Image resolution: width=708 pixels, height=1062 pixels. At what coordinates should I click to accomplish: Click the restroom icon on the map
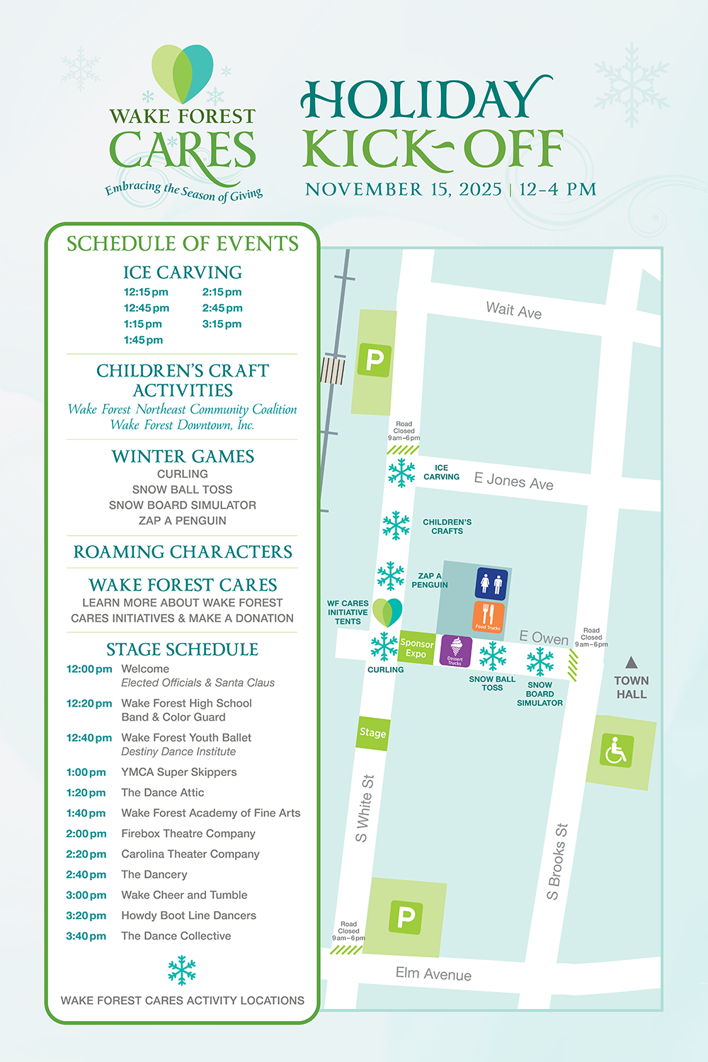pos(491,584)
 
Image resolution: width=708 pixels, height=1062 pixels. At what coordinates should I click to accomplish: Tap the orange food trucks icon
pos(488,616)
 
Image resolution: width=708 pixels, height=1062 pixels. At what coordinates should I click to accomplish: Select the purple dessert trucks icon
pos(455,651)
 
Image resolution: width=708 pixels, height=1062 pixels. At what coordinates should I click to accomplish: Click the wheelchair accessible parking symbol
pos(616,751)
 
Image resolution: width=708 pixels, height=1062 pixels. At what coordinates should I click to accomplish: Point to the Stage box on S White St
pos(372,733)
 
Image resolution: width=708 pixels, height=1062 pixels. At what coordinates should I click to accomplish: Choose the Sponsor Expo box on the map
pos(416,648)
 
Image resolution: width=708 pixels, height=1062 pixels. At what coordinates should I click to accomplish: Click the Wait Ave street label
pos(513,310)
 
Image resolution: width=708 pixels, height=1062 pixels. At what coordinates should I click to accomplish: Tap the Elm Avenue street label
pos(433,973)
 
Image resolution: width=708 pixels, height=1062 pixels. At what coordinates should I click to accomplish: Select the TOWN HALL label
pos(631,687)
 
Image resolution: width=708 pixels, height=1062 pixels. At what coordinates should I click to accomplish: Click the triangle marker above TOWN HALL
pos(632,663)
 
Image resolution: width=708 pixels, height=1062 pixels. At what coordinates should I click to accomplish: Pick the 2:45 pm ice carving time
pos(222,308)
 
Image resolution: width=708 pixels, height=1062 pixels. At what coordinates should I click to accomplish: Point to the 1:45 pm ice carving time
pos(143,340)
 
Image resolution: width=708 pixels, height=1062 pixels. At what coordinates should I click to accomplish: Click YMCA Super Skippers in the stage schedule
pos(179,772)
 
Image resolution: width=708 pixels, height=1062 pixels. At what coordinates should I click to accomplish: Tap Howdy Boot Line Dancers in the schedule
pos(188,915)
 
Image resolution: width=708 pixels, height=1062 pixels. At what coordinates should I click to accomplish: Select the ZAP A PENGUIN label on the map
pos(430,581)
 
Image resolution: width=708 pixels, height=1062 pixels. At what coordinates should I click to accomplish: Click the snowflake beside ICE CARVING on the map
pos(401,472)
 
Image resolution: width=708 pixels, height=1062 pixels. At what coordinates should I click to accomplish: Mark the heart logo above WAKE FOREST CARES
pos(183,74)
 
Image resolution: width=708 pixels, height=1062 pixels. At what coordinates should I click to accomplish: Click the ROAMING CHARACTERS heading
pos(183,552)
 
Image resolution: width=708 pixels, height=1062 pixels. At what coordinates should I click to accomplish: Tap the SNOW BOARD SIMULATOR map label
pos(539,694)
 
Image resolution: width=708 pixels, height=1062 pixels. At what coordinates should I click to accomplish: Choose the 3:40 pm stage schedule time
pos(86,936)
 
